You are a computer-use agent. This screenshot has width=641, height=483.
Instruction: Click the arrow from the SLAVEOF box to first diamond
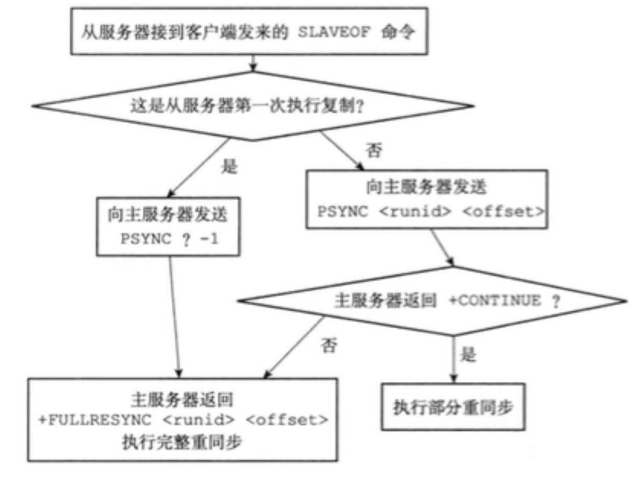point(253,62)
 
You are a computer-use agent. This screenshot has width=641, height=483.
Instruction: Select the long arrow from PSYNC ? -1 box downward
point(174,314)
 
